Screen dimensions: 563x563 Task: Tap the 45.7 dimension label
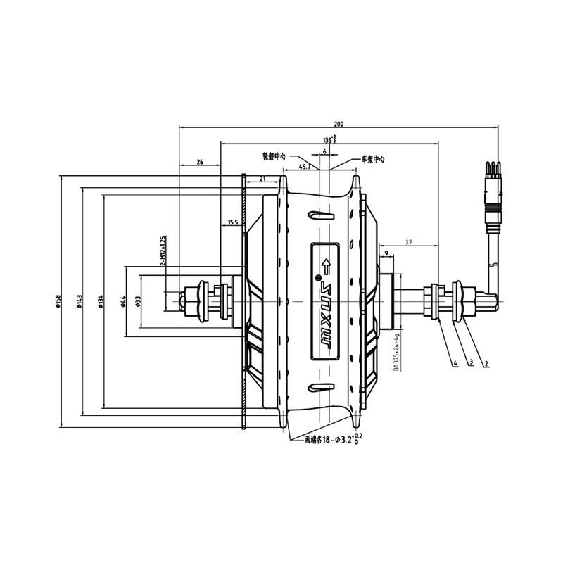click(305, 167)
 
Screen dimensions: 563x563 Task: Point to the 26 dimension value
click(200, 162)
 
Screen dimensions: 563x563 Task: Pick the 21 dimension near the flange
click(262, 179)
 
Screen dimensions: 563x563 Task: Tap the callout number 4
click(455, 364)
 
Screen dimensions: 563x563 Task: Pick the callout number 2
click(486, 364)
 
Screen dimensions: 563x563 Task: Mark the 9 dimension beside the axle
click(386, 251)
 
